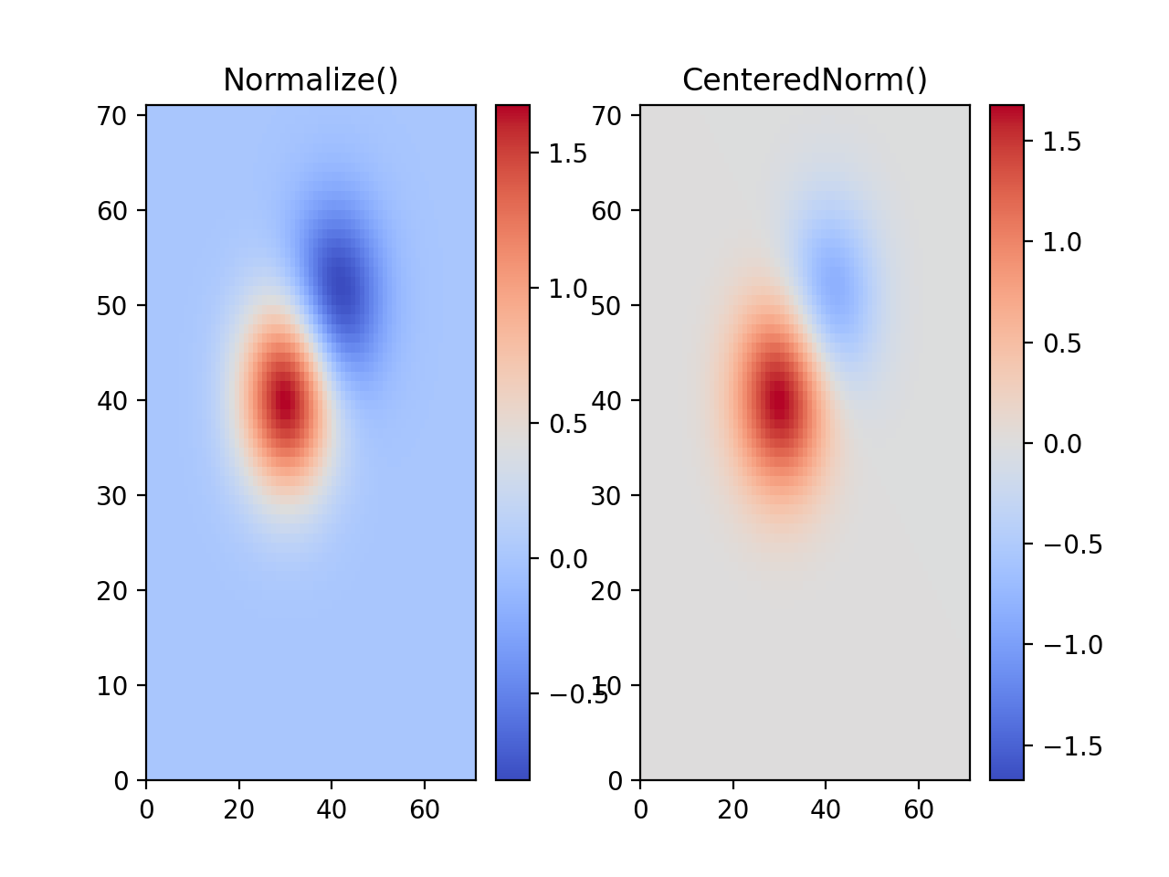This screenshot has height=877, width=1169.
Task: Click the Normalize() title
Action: coord(311,80)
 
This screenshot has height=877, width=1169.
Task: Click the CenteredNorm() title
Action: coord(805,80)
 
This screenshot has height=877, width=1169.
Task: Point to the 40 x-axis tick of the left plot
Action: coord(332,809)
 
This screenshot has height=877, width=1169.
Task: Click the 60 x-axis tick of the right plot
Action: coord(919,809)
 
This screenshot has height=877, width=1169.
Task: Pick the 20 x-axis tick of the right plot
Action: coord(733,809)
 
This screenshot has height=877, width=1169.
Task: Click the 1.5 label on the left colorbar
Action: coord(567,153)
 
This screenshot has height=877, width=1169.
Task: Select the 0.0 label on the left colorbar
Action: coord(567,559)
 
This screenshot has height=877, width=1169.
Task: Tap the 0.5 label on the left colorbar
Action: coord(567,424)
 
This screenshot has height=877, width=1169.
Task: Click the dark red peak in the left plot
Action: coord(285,402)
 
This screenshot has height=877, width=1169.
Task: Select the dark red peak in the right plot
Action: coord(778,402)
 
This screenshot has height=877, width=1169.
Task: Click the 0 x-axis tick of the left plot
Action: coord(146,809)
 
